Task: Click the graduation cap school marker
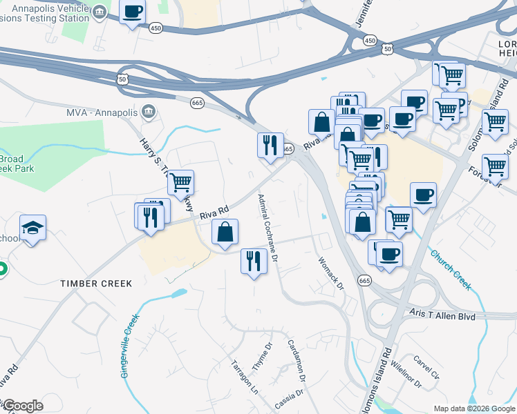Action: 32,228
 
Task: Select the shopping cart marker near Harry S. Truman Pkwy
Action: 180,184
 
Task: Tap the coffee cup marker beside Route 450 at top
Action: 133,11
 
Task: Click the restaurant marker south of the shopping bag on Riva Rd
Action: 254,261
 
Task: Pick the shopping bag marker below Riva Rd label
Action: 225,233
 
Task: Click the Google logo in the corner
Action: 23,406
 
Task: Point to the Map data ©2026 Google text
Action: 474,408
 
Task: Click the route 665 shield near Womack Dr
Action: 365,280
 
